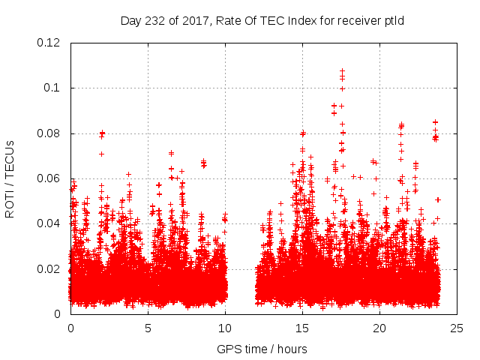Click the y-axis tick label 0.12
(49, 43)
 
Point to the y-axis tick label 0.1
(52, 88)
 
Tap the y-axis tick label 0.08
(49, 133)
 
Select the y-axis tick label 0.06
(49, 178)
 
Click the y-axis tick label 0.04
(49, 223)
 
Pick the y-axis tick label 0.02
(49, 269)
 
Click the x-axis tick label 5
(148, 328)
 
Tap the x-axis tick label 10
(225, 328)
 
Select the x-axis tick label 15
(302, 328)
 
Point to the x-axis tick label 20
(379, 328)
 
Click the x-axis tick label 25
(457, 328)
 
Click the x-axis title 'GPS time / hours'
(262, 349)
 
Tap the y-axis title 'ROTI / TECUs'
(10, 178)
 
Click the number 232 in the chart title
(153, 20)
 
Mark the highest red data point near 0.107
(343, 71)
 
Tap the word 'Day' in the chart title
(130, 20)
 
